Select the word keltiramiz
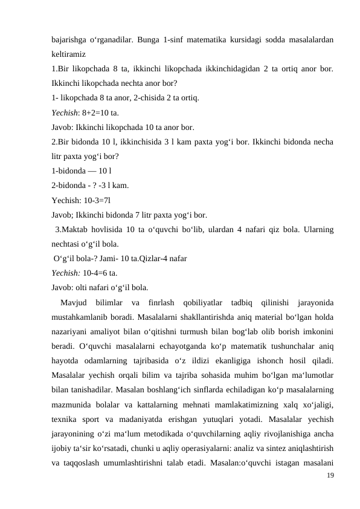pyautogui.click(x=68, y=53)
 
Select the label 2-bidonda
pyautogui.click(x=69, y=186)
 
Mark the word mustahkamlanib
pyautogui.click(x=81, y=316)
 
